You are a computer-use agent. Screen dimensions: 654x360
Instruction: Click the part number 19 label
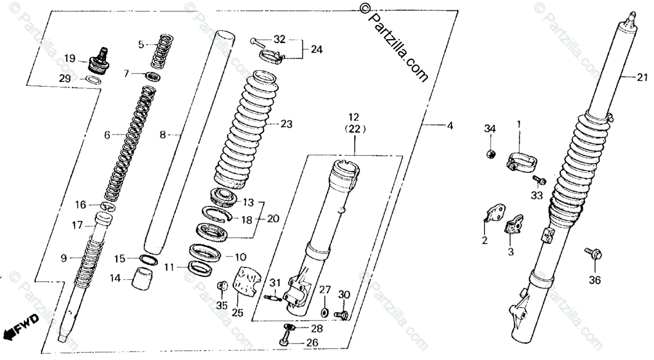click(x=69, y=58)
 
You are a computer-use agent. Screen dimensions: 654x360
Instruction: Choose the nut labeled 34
click(x=491, y=154)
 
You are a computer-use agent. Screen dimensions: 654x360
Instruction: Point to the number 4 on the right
click(x=449, y=127)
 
